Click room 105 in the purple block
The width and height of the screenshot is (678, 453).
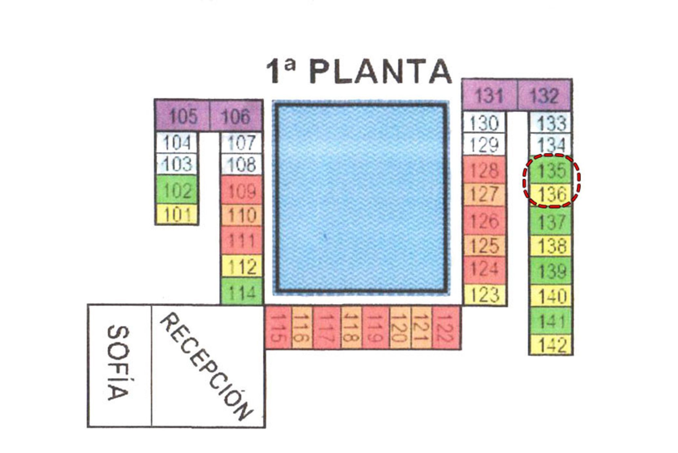click(182, 115)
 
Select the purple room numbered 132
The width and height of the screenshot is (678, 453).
click(544, 95)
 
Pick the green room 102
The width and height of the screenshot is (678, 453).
click(177, 190)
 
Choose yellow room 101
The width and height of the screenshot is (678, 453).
click(177, 214)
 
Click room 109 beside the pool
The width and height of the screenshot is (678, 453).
click(242, 190)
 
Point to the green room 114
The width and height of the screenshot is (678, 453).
click(242, 291)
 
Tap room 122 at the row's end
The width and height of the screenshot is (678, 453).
click(446, 327)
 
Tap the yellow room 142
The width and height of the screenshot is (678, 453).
click(551, 345)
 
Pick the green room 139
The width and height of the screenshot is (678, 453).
click(551, 271)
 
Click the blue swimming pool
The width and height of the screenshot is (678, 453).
click(361, 198)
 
